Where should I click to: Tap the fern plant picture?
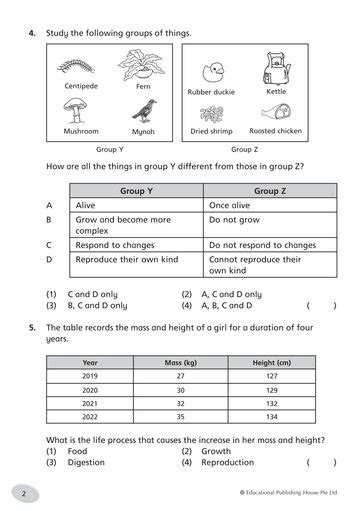(x=139, y=68)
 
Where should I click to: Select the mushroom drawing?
(x=80, y=112)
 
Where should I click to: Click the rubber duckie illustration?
(x=211, y=73)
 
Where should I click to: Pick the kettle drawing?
(x=272, y=70)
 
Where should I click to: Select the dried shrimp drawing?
(x=212, y=113)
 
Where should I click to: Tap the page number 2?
(x=23, y=494)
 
